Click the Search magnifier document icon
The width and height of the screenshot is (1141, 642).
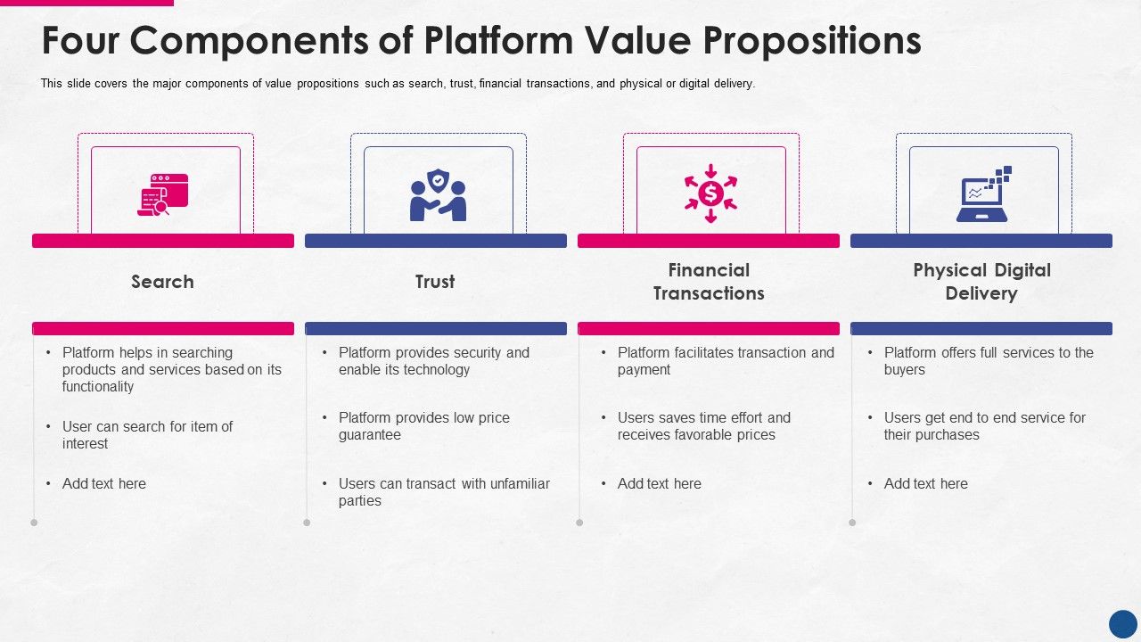(x=163, y=194)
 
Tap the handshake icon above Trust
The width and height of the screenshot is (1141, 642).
(x=438, y=195)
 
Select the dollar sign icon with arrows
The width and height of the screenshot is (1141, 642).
(x=710, y=193)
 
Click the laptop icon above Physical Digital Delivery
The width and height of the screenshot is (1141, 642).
(x=983, y=194)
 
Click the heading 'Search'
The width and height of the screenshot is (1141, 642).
(x=162, y=282)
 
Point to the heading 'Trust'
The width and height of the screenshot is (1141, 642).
(x=435, y=282)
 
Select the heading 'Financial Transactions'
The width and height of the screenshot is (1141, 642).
(x=709, y=282)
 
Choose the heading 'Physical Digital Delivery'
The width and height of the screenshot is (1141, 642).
(x=981, y=282)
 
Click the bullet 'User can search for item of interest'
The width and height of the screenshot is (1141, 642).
(x=147, y=435)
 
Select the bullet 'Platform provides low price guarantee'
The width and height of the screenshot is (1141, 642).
(x=423, y=426)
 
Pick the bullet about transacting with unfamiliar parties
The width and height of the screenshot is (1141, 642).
(x=443, y=492)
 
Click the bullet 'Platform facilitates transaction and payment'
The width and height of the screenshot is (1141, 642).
(x=725, y=361)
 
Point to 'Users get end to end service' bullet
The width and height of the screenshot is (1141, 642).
(x=984, y=426)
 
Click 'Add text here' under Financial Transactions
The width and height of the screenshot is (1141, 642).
(x=659, y=483)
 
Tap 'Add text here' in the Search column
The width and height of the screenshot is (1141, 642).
(x=103, y=483)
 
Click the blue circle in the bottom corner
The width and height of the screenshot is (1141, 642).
(x=1122, y=623)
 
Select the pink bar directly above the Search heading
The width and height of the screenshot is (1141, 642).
(x=163, y=241)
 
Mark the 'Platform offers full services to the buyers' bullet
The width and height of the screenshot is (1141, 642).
(x=988, y=361)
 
